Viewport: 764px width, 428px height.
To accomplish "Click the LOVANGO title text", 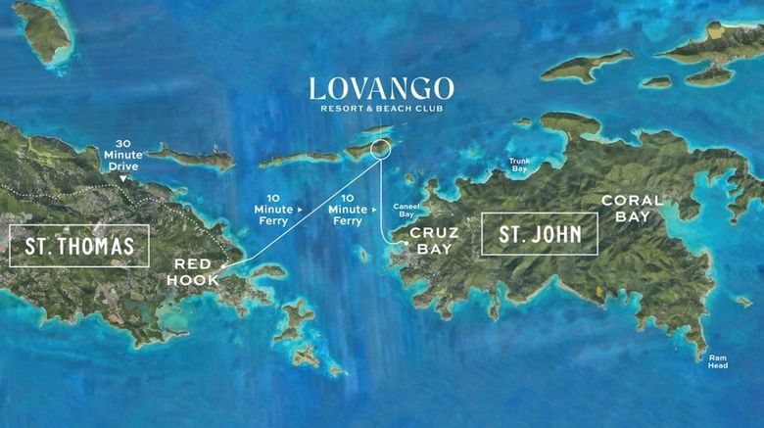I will [x=382, y=88].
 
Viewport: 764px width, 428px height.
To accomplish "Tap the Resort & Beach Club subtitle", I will [x=382, y=109].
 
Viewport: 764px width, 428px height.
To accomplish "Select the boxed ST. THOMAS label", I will [x=78, y=246].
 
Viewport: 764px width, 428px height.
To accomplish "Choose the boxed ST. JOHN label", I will [x=540, y=235].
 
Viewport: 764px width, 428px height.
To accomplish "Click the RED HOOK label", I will [x=198, y=272].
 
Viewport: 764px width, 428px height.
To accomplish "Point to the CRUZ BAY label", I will [x=431, y=241].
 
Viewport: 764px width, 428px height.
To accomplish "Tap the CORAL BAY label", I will [x=632, y=208].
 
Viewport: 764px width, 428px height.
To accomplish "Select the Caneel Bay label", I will [x=406, y=210].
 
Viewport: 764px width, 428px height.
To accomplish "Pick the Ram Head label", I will [x=720, y=361].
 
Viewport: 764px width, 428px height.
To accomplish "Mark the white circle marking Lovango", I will [x=381, y=150].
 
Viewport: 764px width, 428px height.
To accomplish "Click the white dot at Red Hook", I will [x=224, y=265].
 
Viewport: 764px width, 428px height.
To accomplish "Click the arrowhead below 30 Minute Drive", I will [x=123, y=178].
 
